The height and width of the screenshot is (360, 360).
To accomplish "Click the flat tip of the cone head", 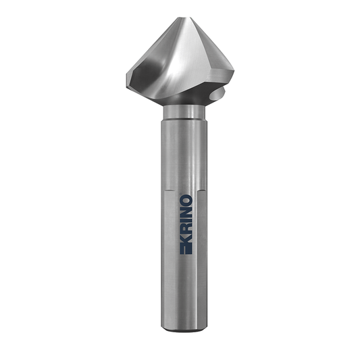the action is coord(185,18).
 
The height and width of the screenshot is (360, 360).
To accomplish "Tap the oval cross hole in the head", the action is coord(217,94).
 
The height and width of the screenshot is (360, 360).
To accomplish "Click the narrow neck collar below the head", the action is coord(184,112).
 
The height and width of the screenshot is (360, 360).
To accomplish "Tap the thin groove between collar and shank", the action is coord(184,120).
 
